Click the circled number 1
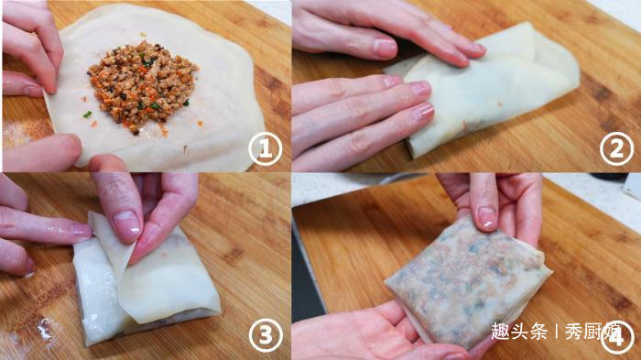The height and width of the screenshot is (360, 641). tap(266, 149)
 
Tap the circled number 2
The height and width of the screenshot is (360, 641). tap(616, 149)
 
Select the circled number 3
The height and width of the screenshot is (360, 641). tap(266, 335)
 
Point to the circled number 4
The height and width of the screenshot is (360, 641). tap(616, 336)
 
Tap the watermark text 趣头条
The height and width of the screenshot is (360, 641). tap(519, 332)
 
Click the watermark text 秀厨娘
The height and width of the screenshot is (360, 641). tap(592, 332)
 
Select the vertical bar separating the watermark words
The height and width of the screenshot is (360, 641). tap(556, 332)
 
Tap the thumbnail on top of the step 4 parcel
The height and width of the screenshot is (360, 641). tap(487, 216)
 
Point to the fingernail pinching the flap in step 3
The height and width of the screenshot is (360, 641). tap(126, 226)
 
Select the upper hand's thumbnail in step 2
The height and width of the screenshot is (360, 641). tap(385, 49)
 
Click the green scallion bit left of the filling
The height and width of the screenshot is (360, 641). tap(88, 115)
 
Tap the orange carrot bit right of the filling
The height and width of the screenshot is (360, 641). tap(200, 123)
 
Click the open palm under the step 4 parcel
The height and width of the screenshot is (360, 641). tap(368, 332)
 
